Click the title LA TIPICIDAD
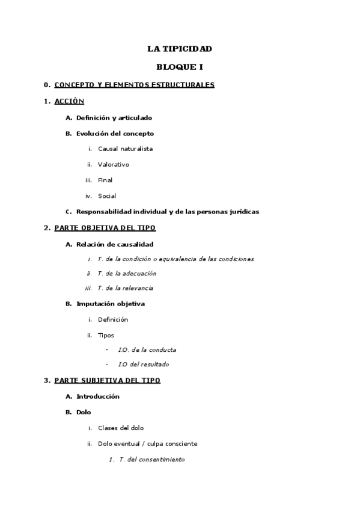coord(180,49)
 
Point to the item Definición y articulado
coord(114,117)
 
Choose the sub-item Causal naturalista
coord(125,149)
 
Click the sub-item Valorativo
coord(114,164)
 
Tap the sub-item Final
coord(105,180)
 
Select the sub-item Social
coord(107,195)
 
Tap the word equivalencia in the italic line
coord(174,259)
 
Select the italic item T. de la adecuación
coord(127,274)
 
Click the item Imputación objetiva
coord(111,304)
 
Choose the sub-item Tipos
coord(106,335)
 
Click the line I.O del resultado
coord(144,364)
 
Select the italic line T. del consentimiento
coord(152,459)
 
